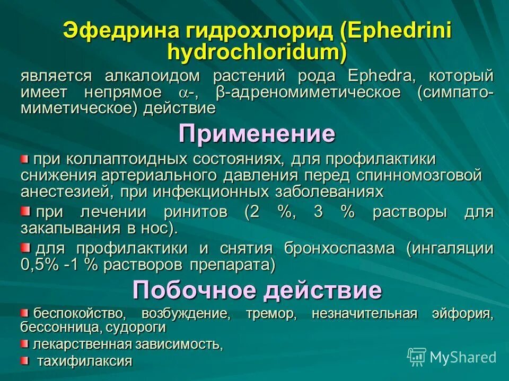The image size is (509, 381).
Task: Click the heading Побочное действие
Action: point(257,289)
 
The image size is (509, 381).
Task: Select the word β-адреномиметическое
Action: point(308,93)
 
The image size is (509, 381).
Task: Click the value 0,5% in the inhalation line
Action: point(39,265)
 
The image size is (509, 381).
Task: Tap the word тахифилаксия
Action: point(85,361)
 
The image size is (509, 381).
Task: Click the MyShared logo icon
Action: point(417,356)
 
